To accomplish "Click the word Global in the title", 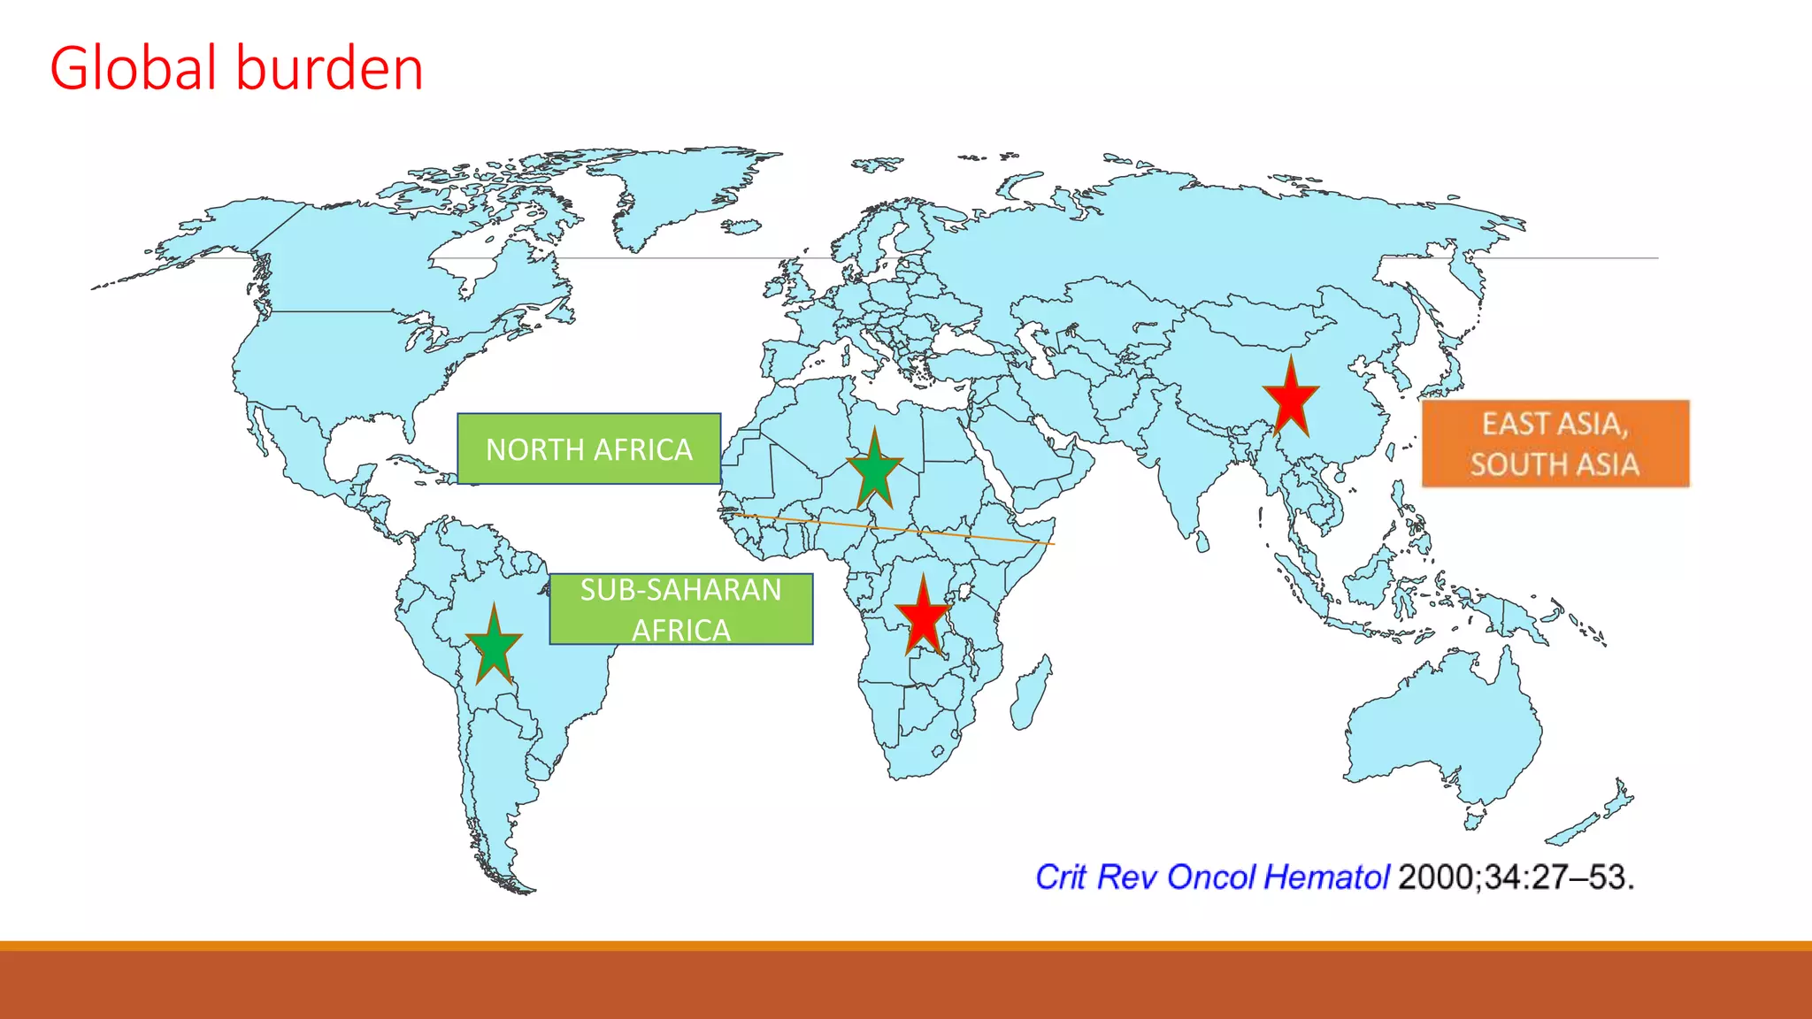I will (x=133, y=68).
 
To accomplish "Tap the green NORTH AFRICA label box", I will (x=589, y=449).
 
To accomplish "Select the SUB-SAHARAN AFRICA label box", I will (x=680, y=609).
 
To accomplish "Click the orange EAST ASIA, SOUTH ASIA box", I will (x=1555, y=444).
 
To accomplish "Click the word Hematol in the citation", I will (x=1326, y=877).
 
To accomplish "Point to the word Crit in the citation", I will (x=1060, y=877).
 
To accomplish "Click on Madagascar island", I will (x=1030, y=693).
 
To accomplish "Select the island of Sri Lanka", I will (x=1202, y=540).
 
